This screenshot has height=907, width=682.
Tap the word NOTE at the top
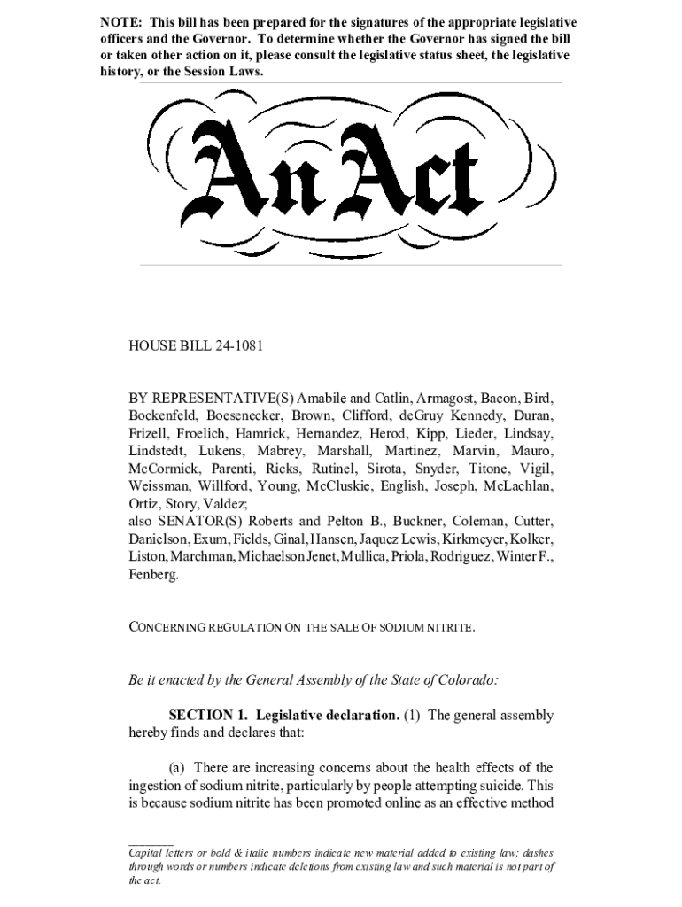(x=119, y=22)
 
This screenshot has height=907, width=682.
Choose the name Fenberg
(x=153, y=574)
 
